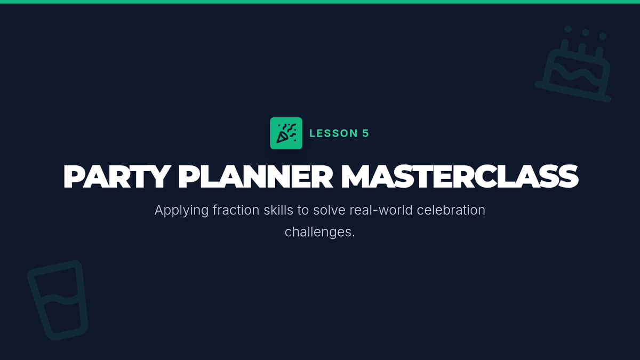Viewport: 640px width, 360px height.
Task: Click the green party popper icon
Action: (286, 133)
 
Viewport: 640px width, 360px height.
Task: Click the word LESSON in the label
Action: (334, 133)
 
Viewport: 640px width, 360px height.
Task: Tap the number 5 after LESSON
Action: (366, 133)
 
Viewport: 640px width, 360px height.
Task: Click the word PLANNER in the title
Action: (255, 177)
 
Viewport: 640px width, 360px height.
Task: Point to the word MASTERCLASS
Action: (460, 177)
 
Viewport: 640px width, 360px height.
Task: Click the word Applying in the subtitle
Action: (181, 211)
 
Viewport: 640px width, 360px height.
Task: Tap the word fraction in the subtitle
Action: (236, 210)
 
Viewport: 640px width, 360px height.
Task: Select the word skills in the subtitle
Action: (278, 210)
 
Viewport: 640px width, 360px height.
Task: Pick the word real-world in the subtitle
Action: (381, 210)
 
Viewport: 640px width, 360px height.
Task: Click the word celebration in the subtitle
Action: (451, 210)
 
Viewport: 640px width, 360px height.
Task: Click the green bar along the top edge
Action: (320, 2)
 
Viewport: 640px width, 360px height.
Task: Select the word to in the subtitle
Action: (303, 210)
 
